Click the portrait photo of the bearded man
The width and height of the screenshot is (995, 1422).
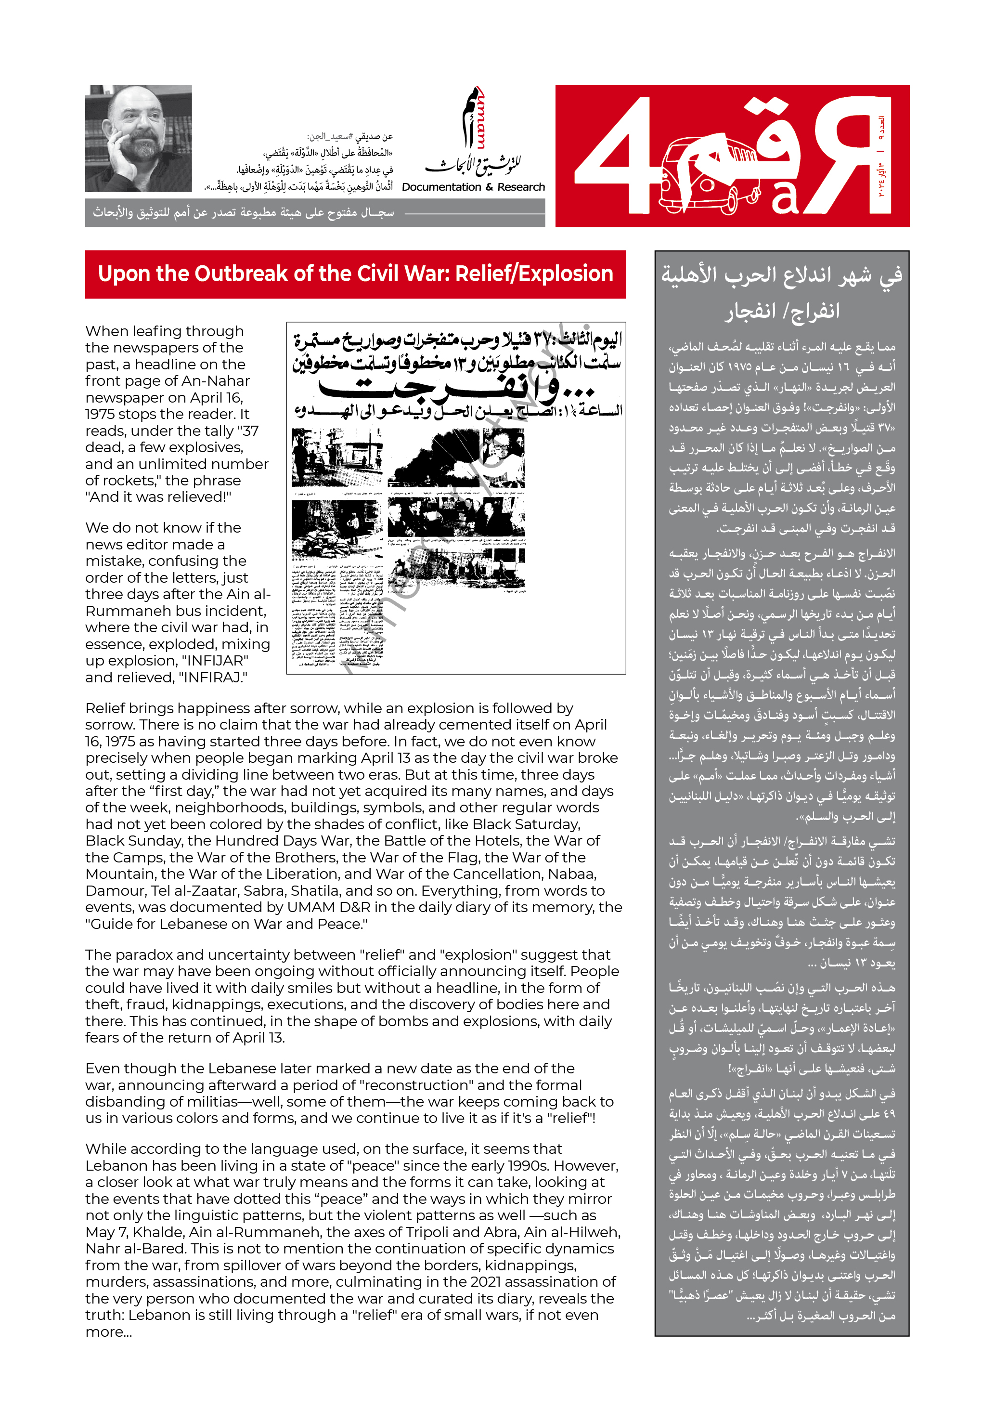(x=138, y=138)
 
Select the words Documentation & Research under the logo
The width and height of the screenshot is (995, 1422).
(x=473, y=187)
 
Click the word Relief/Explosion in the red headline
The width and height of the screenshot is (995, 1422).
(x=534, y=274)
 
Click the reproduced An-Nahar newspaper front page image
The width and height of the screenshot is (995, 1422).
(x=456, y=497)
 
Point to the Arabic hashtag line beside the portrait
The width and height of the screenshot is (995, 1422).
(x=350, y=137)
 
